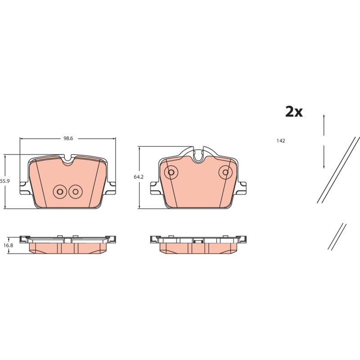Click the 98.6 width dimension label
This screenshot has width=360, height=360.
[68, 139]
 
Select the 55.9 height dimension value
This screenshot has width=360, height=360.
[5, 181]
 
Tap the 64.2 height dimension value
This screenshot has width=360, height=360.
[139, 177]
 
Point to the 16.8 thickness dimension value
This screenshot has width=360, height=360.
[8, 245]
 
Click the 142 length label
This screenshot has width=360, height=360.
[280, 141]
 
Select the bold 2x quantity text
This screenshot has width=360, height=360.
[294, 112]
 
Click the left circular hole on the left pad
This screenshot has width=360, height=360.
[60, 192]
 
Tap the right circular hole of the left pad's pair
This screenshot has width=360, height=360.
[75, 192]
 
